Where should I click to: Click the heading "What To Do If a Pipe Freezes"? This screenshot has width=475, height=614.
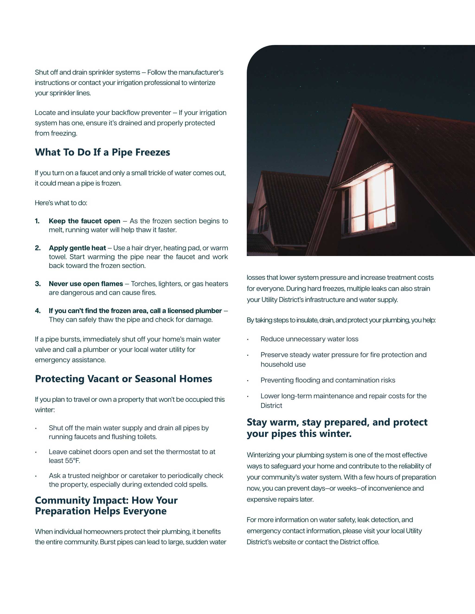tap(103, 152)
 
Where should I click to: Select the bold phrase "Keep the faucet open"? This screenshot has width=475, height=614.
tap(84, 221)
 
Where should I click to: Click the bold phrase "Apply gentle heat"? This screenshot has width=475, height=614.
tap(77, 248)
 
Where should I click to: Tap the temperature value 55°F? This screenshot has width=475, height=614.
tap(72, 461)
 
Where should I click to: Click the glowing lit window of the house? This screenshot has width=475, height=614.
tap(369, 199)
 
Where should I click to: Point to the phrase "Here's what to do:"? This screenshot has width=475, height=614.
tap(61, 203)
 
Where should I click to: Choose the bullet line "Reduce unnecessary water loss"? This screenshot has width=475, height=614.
tap(309, 339)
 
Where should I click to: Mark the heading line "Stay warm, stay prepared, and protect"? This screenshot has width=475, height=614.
tap(337, 422)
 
